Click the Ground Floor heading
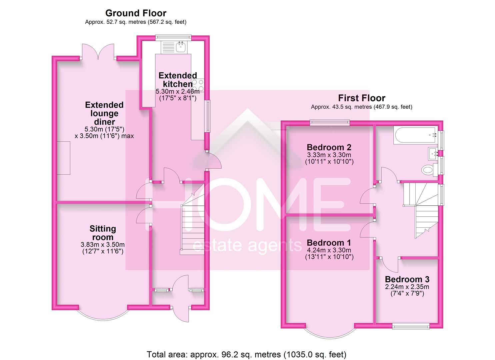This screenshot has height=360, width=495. click(x=136, y=13)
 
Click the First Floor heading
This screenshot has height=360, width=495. click(x=362, y=98)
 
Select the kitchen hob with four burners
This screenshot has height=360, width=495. click(x=199, y=85)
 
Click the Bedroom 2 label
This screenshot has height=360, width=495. click(x=329, y=147)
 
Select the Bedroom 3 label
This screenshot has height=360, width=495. click(x=407, y=279)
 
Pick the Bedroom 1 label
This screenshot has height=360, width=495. click(x=329, y=243)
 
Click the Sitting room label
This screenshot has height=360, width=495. click(x=103, y=233)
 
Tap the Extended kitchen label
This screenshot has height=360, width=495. click(x=177, y=80)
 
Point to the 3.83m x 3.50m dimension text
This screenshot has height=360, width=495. click(x=103, y=245)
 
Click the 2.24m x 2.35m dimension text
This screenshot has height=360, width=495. click(x=407, y=287)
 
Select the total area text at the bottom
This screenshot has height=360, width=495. click(x=246, y=354)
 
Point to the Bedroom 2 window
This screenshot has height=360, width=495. click(x=330, y=123)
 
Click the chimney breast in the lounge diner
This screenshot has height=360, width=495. click(x=63, y=158)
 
